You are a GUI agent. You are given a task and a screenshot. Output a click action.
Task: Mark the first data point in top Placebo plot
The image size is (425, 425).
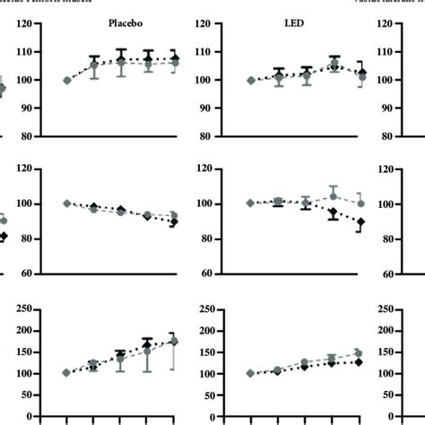tap(67, 81)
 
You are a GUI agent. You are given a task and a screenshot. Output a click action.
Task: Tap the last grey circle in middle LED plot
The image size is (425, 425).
tap(360, 204)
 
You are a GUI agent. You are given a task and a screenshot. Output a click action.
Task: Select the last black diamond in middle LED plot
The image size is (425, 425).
tap(360, 221)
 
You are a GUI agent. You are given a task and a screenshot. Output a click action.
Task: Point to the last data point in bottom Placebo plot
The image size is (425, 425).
tap(172, 342)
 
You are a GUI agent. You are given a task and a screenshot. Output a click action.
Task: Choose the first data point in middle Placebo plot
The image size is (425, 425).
tap(67, 204)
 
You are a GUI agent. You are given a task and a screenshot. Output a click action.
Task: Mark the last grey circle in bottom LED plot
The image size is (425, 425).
tap(360, 353)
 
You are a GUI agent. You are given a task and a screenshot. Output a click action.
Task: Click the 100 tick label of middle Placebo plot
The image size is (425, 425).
tap(24, 204)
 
